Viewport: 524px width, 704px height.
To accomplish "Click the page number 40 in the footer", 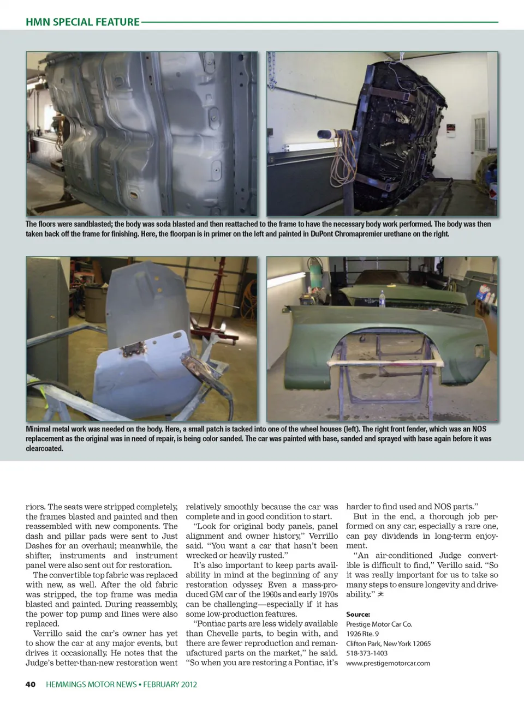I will click(31, 684).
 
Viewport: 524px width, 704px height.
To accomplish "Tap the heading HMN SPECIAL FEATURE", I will click(82, 22).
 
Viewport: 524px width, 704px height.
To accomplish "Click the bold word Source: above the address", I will click(358, 614).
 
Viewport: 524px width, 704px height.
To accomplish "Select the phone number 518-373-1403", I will click(367, 653).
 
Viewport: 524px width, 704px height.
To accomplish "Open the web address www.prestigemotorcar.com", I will click(388, 663).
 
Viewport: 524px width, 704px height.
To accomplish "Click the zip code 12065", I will click(421, 643).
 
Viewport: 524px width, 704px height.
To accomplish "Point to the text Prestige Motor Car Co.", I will click(379, 624).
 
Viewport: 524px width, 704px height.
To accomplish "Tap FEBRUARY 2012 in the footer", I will click(170, 684).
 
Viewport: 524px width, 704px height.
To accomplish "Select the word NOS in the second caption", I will click(479, 429).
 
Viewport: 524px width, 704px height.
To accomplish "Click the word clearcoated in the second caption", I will click(44, 449).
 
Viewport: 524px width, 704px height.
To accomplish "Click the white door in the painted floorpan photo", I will click(480, 136).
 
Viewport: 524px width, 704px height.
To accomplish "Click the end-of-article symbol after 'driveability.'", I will click(380, 594).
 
